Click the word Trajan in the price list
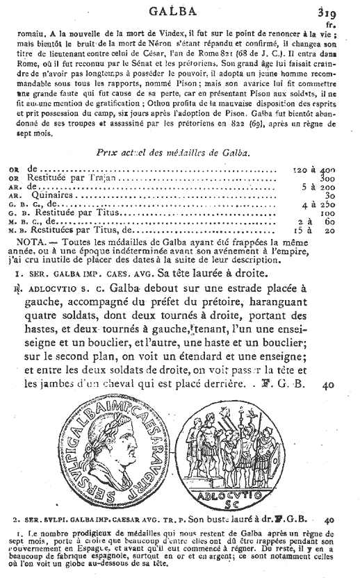click(111, 179)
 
